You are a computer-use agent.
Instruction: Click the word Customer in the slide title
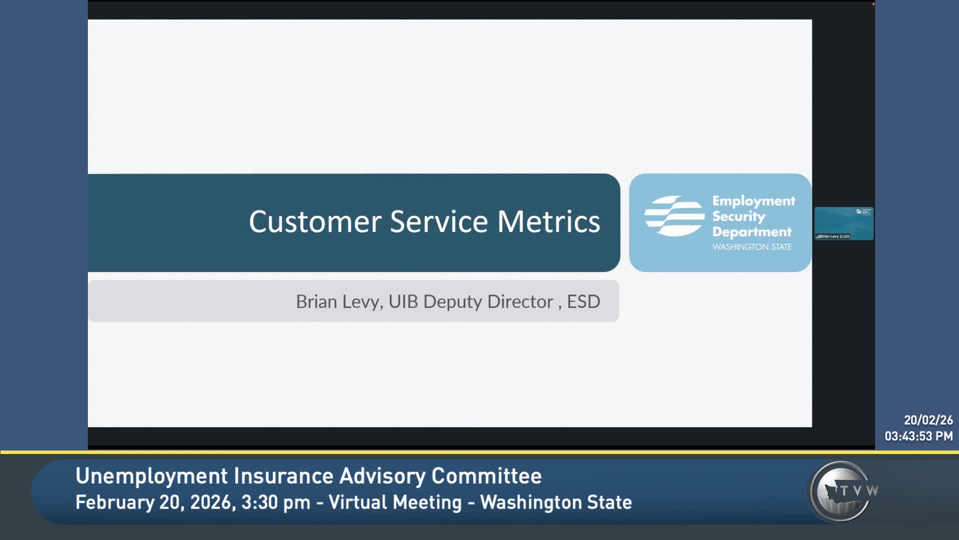tap(315, 221)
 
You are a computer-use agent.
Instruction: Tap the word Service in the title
tap(439, 221)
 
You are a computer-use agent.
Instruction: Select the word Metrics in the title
tap(548, 221)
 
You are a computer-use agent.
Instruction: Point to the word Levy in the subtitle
tap(363, 302)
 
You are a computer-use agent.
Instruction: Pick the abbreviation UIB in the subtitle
tap(403, 301)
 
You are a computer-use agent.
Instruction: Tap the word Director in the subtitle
tap(520, 301)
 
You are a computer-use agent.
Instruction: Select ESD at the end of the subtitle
tap(583, 301)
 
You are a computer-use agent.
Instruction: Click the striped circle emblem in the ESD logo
tap(674, 216)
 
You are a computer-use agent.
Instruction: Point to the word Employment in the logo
tap(753, 201)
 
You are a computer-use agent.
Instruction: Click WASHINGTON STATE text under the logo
tap(752, 247)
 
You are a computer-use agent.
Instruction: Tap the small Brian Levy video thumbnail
tap(844, 223)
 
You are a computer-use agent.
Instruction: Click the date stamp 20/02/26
tap(928, 420)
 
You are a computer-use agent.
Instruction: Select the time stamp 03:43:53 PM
tap(919, 436)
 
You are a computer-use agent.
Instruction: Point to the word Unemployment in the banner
tap(151, 476)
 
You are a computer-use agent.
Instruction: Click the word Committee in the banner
tap(486, 476)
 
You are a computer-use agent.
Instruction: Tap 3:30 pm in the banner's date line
tap(276, 502)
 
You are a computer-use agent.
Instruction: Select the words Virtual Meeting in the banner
tap(395, 502)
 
